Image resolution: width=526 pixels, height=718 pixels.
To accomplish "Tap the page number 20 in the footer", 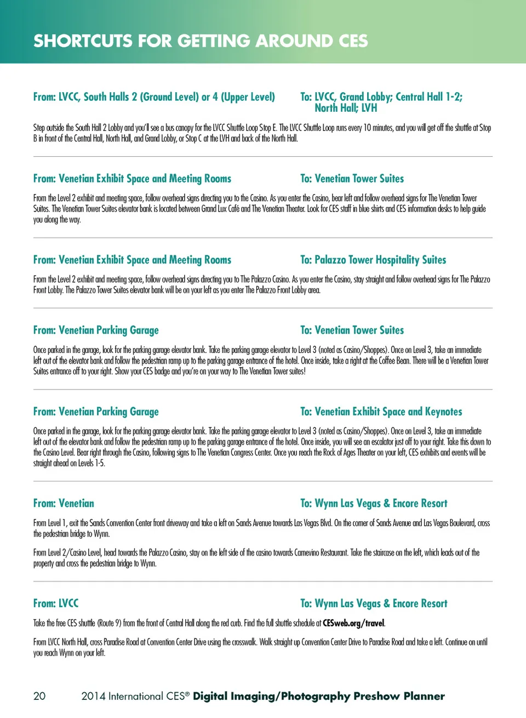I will click(39, 696).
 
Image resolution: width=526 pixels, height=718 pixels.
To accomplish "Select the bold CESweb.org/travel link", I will click(353, 623).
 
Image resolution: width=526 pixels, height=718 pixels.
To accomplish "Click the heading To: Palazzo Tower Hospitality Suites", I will click(373, 260).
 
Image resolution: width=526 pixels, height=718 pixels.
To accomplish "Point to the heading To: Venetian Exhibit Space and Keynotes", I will click(381, 412).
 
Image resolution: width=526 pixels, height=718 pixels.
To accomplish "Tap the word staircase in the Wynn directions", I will click(378, 552).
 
